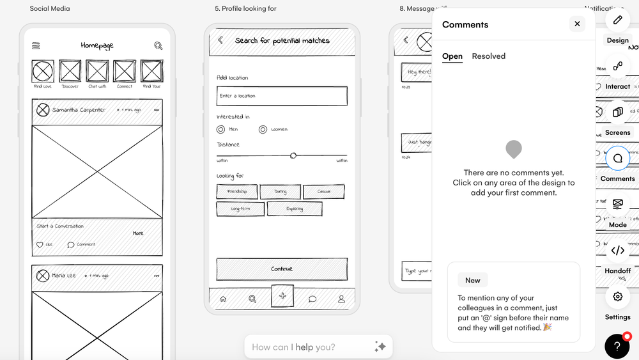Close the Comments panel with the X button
click(x=577, y=24)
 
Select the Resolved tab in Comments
click(x=488, y=56)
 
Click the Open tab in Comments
click(x=452, y=56)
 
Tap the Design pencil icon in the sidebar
click(x=617, y=20)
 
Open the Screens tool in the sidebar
click(x=617, y=113)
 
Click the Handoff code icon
click(x=617, y=251)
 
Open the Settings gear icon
click(x=617, y=297)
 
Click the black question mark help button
click(x=617, y=347)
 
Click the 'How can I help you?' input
click(x=310, y=347)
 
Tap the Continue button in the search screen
click(x=282, y=269)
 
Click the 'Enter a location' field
click(x=282, y=96)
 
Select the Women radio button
click(x=263, y=129)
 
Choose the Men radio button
click(x=221, y=129)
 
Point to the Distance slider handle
click(x=293, y=155)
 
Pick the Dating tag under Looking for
click(x=281, y=191)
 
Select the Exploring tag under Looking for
click(x=295, y=208)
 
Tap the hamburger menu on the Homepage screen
click(x=36, y=46)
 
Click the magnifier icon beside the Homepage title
click(x=158, y=46)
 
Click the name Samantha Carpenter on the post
click(x=79, y=110)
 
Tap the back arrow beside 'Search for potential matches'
click(x=220, y=40)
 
